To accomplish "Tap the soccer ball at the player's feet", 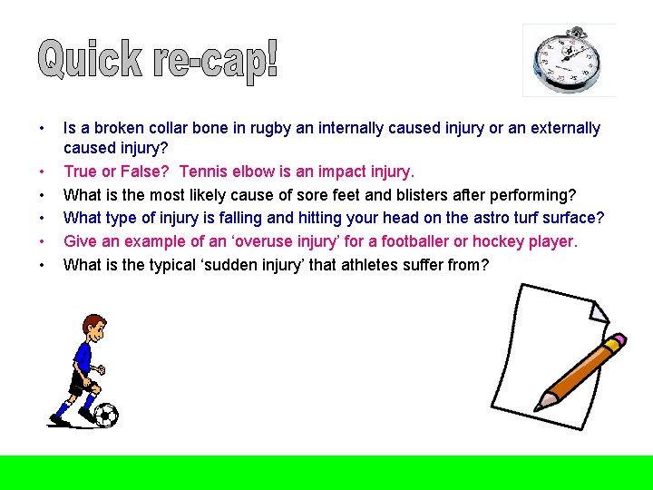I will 105,415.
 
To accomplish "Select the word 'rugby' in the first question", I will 256,128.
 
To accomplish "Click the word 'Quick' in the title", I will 91,60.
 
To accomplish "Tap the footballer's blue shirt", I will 84,356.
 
